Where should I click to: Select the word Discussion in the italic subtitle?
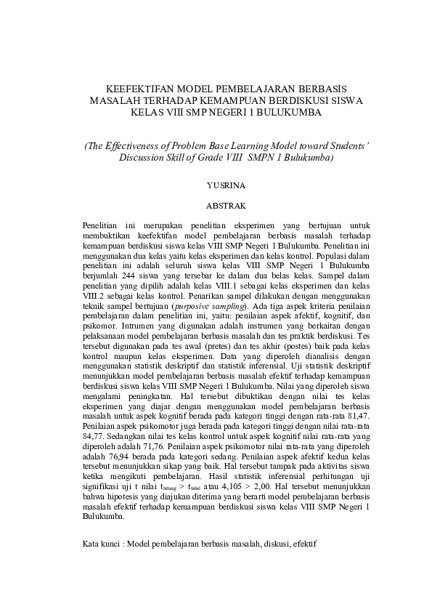click(143, 157)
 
